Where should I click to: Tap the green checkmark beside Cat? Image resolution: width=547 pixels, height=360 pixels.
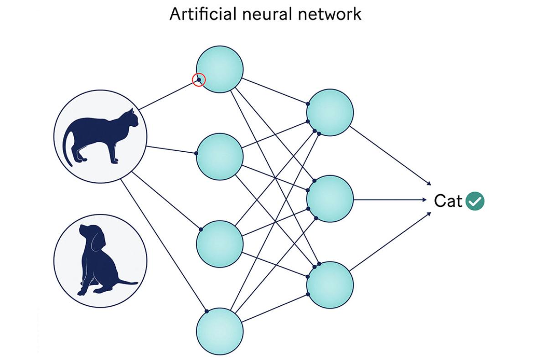point(475,201)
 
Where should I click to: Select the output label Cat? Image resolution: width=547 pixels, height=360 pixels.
point(448,201)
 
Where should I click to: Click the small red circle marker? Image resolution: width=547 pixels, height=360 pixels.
point(199,80)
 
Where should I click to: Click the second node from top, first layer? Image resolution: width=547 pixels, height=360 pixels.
point(220,157)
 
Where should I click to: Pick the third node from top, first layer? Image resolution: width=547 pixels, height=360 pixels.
point(220,244)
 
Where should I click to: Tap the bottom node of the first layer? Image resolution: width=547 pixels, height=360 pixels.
point(220,331)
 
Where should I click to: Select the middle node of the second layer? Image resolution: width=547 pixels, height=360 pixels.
point(330,199)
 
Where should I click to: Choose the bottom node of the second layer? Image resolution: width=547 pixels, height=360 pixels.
point(330,285)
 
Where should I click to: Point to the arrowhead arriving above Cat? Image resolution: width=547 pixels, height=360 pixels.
point(428,183)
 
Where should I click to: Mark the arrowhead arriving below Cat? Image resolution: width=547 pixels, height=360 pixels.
point(428,214)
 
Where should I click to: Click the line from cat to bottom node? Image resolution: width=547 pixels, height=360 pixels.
point(164,246)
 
